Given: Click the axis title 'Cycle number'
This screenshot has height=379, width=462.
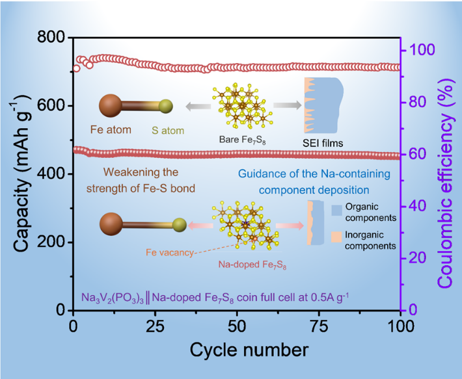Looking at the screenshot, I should pyautogui.click(x=249, y=349).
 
